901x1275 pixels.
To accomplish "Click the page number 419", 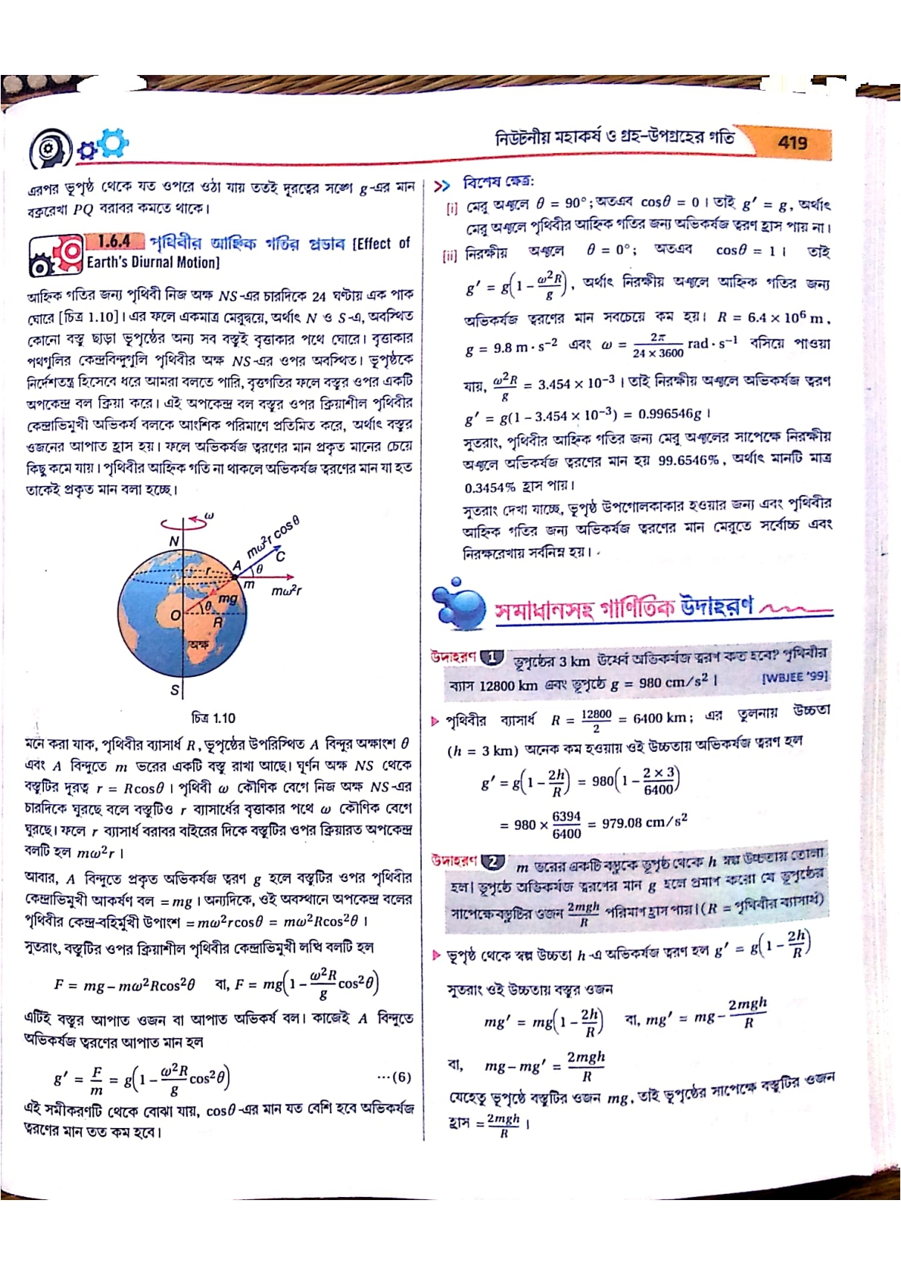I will point(792,142).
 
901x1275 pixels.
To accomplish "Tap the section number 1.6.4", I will point(114,242).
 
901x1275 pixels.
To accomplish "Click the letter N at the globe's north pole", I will point(173,541).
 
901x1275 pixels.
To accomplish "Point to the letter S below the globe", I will point(175,690).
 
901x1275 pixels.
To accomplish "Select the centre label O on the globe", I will point(175,615).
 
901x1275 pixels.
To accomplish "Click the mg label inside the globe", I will point(227,598).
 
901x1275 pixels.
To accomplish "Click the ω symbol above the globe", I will point(210,516).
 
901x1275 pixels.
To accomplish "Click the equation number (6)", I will point(394,1077).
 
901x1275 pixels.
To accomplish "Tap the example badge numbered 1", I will point(491,657).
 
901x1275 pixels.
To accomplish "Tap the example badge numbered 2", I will point(493,862).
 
